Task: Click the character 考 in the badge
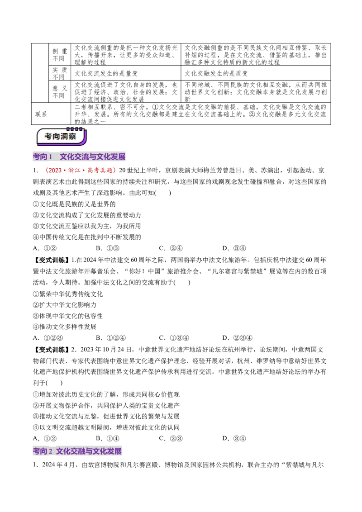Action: (48, 137)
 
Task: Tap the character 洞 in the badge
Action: (65, 137)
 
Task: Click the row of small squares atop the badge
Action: (75, 129)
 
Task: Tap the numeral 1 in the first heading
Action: (51, 157)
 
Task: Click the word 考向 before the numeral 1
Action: (40, 157)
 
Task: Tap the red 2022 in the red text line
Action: (53, 171)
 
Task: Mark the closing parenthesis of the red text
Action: (115, 171)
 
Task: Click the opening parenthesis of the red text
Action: (46, 171)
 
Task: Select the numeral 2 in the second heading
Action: (51, 451)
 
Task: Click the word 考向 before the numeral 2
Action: (40, 451)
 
